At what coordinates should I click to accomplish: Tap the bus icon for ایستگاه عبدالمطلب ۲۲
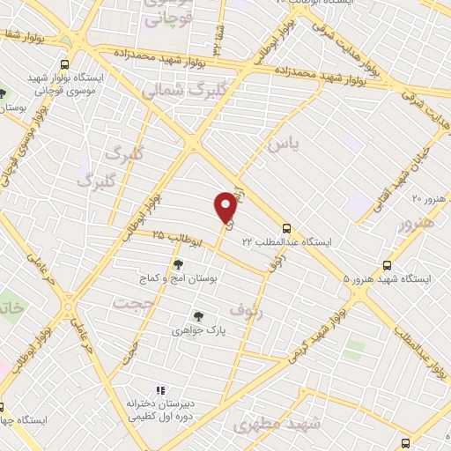point(287,226)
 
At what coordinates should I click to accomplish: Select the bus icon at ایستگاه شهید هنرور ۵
point(388,264)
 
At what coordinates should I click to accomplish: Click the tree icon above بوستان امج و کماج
point(178,263)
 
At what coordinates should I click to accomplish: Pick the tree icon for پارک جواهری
point(197,316)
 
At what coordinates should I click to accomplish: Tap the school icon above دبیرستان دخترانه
point(160,389)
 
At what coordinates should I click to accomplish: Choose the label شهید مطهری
point(280,425)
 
